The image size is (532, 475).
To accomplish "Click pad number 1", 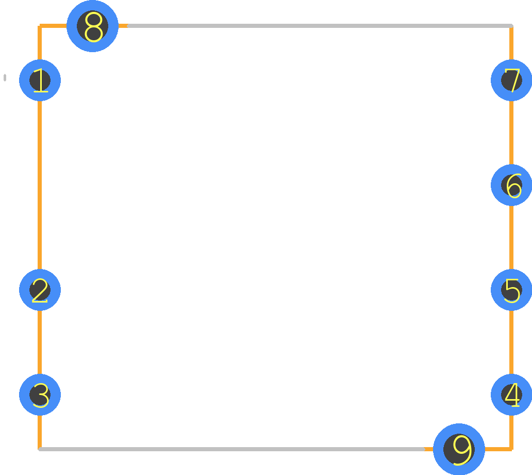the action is (40, 80).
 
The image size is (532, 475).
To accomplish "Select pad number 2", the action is (40, 290).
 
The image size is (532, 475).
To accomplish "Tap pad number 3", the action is (40, 394).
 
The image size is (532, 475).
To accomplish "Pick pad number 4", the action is (511, 394).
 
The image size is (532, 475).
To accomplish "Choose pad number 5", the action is (511, 290).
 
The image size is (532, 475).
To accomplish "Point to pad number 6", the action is (511, 185).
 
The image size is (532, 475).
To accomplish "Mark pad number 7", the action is (511, 80).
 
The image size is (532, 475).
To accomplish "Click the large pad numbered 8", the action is (93, 26).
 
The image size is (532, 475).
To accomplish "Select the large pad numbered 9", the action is (459, 449).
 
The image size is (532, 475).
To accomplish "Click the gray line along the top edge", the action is (320, 26).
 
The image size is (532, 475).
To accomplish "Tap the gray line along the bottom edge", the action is (232, 449).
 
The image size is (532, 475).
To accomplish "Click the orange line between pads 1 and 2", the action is (40, 185).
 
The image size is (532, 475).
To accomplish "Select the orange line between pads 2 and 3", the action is (40, 342).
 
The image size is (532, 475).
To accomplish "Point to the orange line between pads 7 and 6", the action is (511, 133).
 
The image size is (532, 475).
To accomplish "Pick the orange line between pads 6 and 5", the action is (511, 237).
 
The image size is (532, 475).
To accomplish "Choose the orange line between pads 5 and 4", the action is (511, 342).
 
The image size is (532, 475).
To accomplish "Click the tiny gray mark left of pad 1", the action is (5, 78).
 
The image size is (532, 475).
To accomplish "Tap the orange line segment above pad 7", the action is (511, 43).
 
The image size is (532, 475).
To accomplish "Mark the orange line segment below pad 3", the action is (40, 432).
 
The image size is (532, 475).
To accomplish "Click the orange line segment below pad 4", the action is (511, 432).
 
